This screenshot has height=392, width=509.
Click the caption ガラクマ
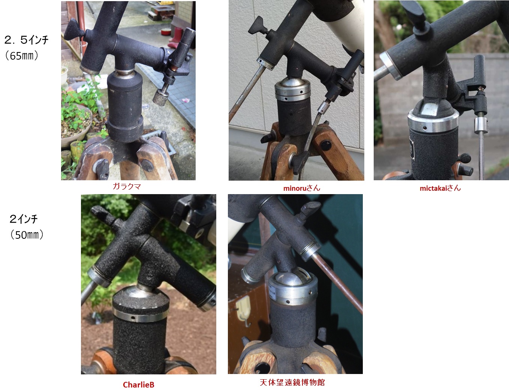point(127,186)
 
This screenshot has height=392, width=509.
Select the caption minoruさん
point(302,188)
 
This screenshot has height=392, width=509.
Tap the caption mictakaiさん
point(440,188)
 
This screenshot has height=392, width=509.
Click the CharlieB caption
point(139,385)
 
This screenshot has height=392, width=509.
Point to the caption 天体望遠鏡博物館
point(292,382)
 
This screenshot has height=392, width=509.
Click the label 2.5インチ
point(26,40)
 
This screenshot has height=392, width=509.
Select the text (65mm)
point(21,56)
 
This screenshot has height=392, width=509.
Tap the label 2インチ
point(23,219)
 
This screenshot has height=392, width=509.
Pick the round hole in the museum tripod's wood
point(262,368)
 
